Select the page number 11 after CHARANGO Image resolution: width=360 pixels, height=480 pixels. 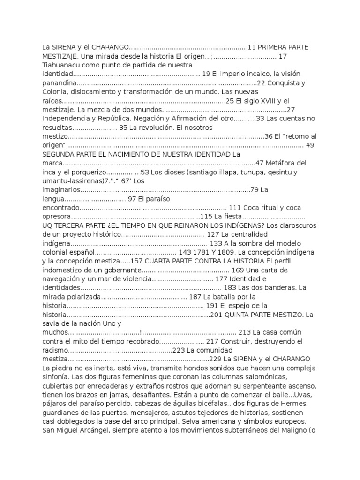(x=251, y=47)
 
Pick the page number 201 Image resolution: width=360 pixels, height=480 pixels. (x=217, y=315)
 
